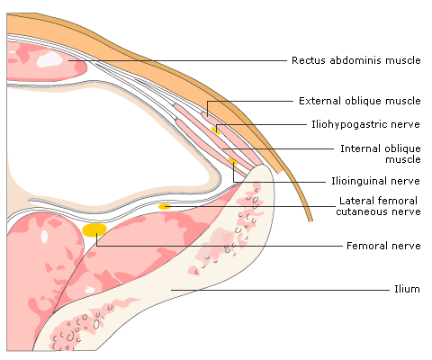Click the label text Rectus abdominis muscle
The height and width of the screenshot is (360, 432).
click(x=356, y=60)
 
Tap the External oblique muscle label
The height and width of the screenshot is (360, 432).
click(x=360, y=101)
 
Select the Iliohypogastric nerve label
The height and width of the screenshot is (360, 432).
click(x=365, y=124)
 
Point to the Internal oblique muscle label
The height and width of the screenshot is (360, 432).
click(x=381, y=154)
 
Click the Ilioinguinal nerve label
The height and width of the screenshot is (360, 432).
click(x=375, y=181)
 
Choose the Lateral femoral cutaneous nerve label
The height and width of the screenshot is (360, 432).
click(x=378, y=206)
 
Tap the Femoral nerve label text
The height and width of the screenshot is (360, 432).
click(x=383, y=246)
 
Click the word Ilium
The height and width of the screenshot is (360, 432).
click(x=407, y=289)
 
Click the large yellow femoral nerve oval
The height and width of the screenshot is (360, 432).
click(x=94, y=229)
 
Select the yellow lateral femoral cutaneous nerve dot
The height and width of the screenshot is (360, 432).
click(x=165, y=206)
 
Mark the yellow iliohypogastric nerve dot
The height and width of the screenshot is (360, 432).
click(x=215, y=130)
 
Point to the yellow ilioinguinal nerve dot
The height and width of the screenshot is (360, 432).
click(x=232, y=161)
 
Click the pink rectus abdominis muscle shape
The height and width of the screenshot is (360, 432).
click(x=45, y=61)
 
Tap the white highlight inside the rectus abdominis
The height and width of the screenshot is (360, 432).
click(x=49, y=59)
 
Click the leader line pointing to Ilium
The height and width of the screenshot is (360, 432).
click(x=281, y=290)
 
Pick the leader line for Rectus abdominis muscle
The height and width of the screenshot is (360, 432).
click(x=177, y=60)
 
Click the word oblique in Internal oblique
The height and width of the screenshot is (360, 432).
click(x=402, y=149)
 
